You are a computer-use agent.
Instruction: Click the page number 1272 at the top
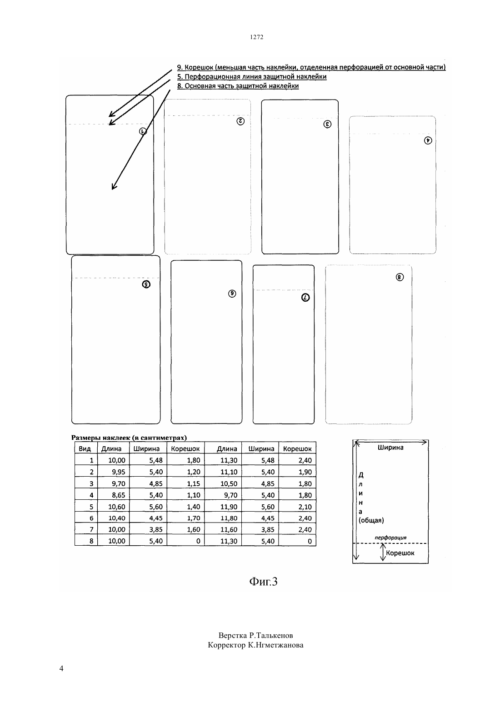point(256,37)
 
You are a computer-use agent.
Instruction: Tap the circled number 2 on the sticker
point(240,121)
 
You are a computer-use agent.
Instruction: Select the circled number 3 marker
point(327,124)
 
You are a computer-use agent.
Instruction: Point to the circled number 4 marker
point(428,140)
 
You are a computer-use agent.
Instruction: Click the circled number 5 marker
point(146,284)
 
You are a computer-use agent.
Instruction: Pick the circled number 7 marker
point(305,298)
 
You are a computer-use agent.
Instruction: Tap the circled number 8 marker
point(400,277)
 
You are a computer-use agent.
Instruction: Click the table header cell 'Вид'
point(85,448)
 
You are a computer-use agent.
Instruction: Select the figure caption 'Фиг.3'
point(263,582)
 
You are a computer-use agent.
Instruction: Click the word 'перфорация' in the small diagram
point(390,538)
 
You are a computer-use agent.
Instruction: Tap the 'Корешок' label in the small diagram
point(400,553)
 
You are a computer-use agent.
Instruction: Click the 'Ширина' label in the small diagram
point(390,447)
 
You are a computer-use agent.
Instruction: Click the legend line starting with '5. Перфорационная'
point(251,77)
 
